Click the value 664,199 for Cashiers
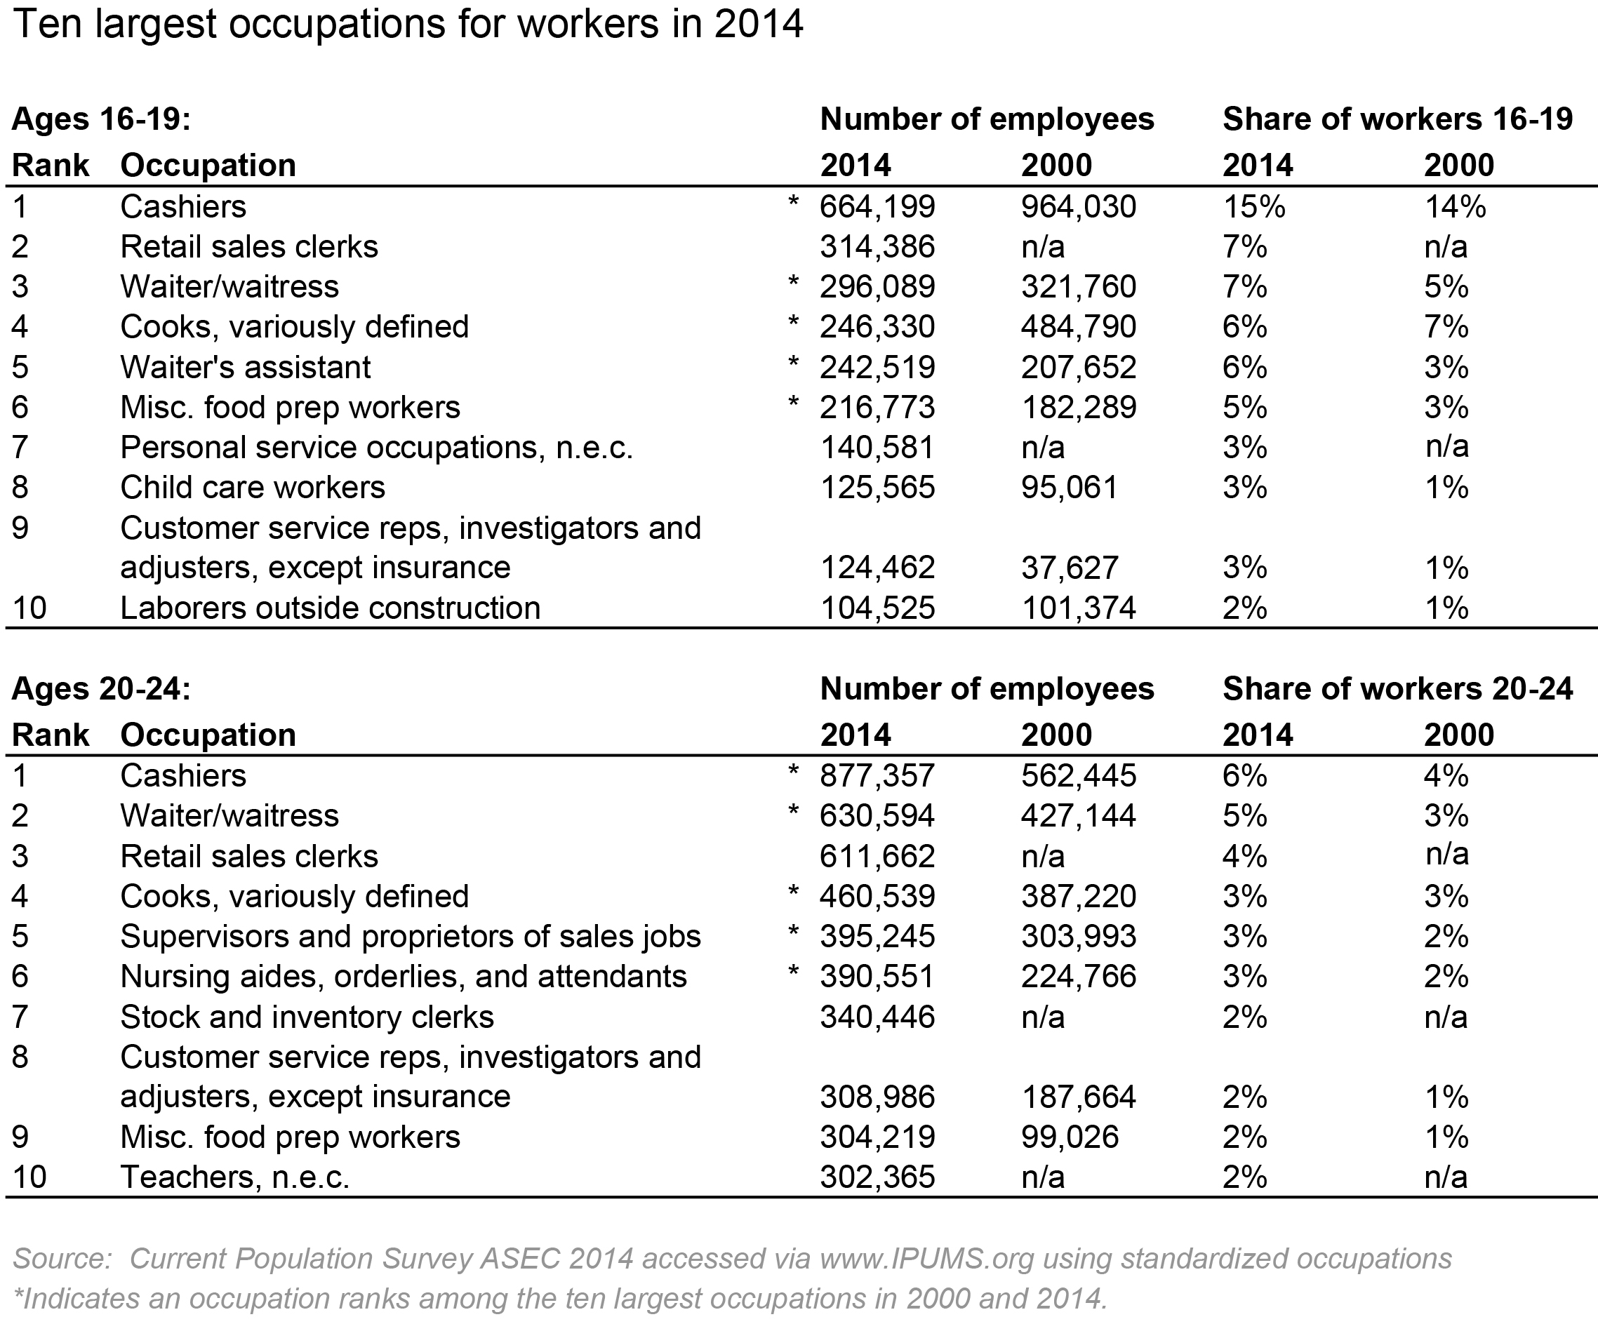click(x=877, y=207)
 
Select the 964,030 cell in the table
click(x=1078, y=207)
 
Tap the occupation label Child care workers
click(x=253, y=488)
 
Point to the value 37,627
click(x=1069, y=568)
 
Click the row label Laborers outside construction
click(x=331, y=608)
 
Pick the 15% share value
click(x=1253, y=207)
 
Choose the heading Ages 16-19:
click(x=101, y=119)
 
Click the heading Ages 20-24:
click(x=101, y=688)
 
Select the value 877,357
click(x=877, y=776)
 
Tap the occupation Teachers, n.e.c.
click(x=234, y=1177)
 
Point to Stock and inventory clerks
click(x=307, y=1017)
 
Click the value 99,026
click(x=1069, y=1137)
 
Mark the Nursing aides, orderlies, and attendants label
click(x=404, y=977)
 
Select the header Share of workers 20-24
click(x=1397, y=688)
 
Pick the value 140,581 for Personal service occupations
click(x=877, y=448)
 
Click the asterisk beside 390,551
click(x=793, y=972)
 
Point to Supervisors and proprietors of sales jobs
click(x=410, y=937)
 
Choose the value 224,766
click(x=1078, y=977)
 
